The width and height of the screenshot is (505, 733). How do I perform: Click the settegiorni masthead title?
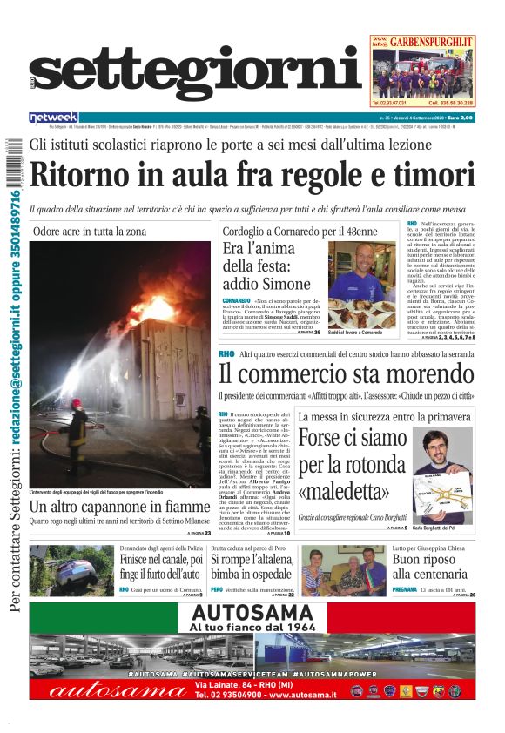pos(196,74)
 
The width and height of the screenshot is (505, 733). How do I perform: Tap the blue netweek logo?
pos(53,117)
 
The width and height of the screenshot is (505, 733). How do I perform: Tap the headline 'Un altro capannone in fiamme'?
pos(119,506)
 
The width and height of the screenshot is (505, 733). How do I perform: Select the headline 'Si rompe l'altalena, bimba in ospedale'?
pos(252,567)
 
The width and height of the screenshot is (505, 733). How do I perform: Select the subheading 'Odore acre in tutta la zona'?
pos(89,232)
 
